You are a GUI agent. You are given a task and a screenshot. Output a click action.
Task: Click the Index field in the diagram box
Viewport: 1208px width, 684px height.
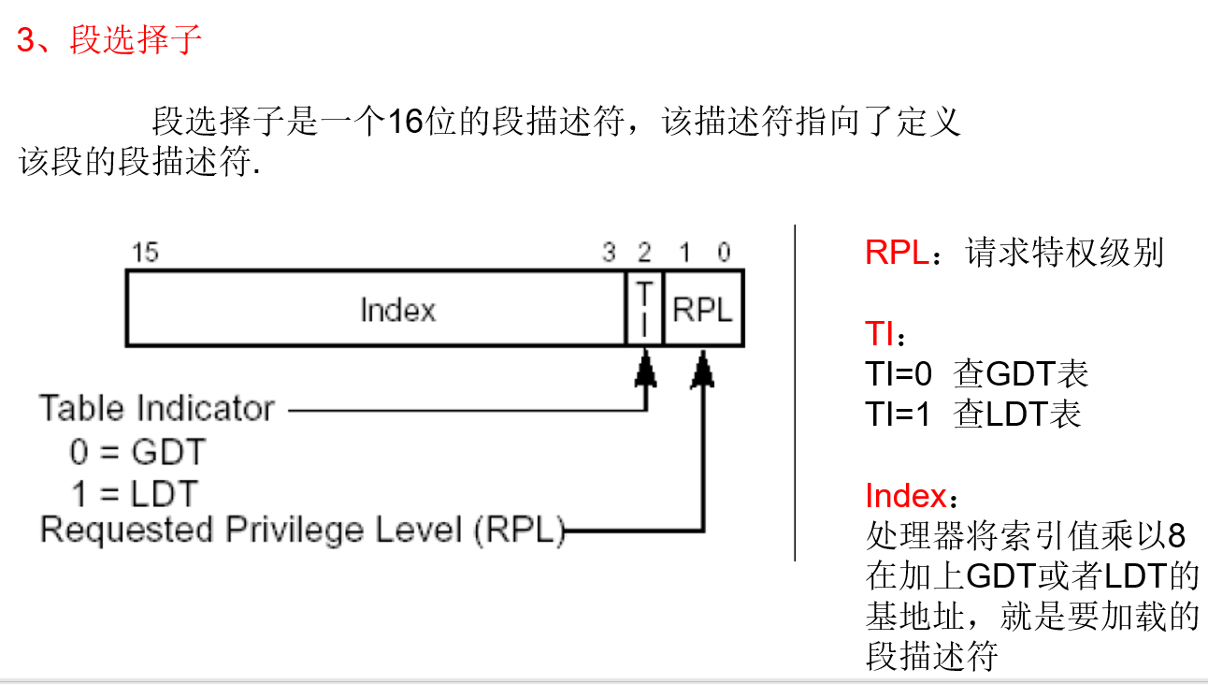pyautogui.click(x=398, y=310)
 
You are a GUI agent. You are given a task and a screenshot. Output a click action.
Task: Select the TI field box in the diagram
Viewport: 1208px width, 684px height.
pyautogui.click(x=644, y=308)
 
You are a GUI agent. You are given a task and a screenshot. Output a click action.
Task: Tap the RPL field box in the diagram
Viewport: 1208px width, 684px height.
pyautogui.click(x=703, y=309)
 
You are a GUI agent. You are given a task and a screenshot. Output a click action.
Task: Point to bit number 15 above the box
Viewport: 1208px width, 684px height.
pyautogui.click(x=145, y=252)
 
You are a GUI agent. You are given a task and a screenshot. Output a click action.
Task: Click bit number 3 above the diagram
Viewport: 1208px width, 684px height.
pyautogui.click(x=609, y=252)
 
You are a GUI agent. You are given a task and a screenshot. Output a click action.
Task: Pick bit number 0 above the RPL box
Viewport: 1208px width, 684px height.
pyautogui.click(x=724, y=252)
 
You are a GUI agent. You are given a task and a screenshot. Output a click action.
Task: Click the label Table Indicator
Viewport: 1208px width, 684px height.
pyautogui.click(x=157, y=409)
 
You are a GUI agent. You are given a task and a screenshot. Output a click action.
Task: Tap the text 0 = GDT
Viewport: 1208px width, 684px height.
pyautogui.click(x=137, y=453)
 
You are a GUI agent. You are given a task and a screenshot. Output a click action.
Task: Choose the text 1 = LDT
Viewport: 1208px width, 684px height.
pyautogui.click(x=135, y=493)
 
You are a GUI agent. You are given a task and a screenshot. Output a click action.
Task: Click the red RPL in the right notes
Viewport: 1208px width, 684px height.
pyautogui.click(x=897, y=253)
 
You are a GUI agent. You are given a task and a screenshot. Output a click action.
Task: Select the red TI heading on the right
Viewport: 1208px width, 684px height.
pyautogui.click(x=880, y=334)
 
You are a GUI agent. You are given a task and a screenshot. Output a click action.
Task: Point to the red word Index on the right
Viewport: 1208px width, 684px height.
pyautogui.click(x=905, y=495)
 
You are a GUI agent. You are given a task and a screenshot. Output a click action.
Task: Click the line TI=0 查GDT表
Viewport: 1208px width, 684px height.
pyautogui.click(x=976, y=374)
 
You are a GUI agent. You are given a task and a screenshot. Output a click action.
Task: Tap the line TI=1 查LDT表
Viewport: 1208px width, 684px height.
pyautogui.click(x=973, y=414)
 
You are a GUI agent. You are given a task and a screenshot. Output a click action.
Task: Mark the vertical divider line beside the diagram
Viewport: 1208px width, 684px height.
pyautogui.click(x=795, y=393)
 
